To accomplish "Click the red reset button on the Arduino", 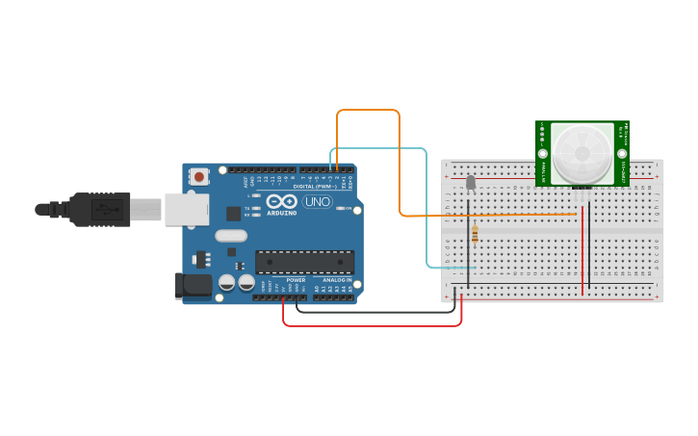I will coord(199,176).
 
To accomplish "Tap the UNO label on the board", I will coord(317,202).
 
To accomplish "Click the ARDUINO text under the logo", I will coord(282,213).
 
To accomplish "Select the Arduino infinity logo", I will coord(282,202).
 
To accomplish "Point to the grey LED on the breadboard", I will coord(470,183).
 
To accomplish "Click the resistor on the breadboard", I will coord(475,232).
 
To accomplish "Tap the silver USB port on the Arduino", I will coord(186,209).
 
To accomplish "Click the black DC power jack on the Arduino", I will coord(192,284).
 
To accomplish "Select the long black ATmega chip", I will coord(304,261).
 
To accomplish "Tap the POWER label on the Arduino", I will coord(296,280).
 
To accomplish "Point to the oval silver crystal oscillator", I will coord(231,236).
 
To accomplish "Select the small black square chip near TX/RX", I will coord(234,214).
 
